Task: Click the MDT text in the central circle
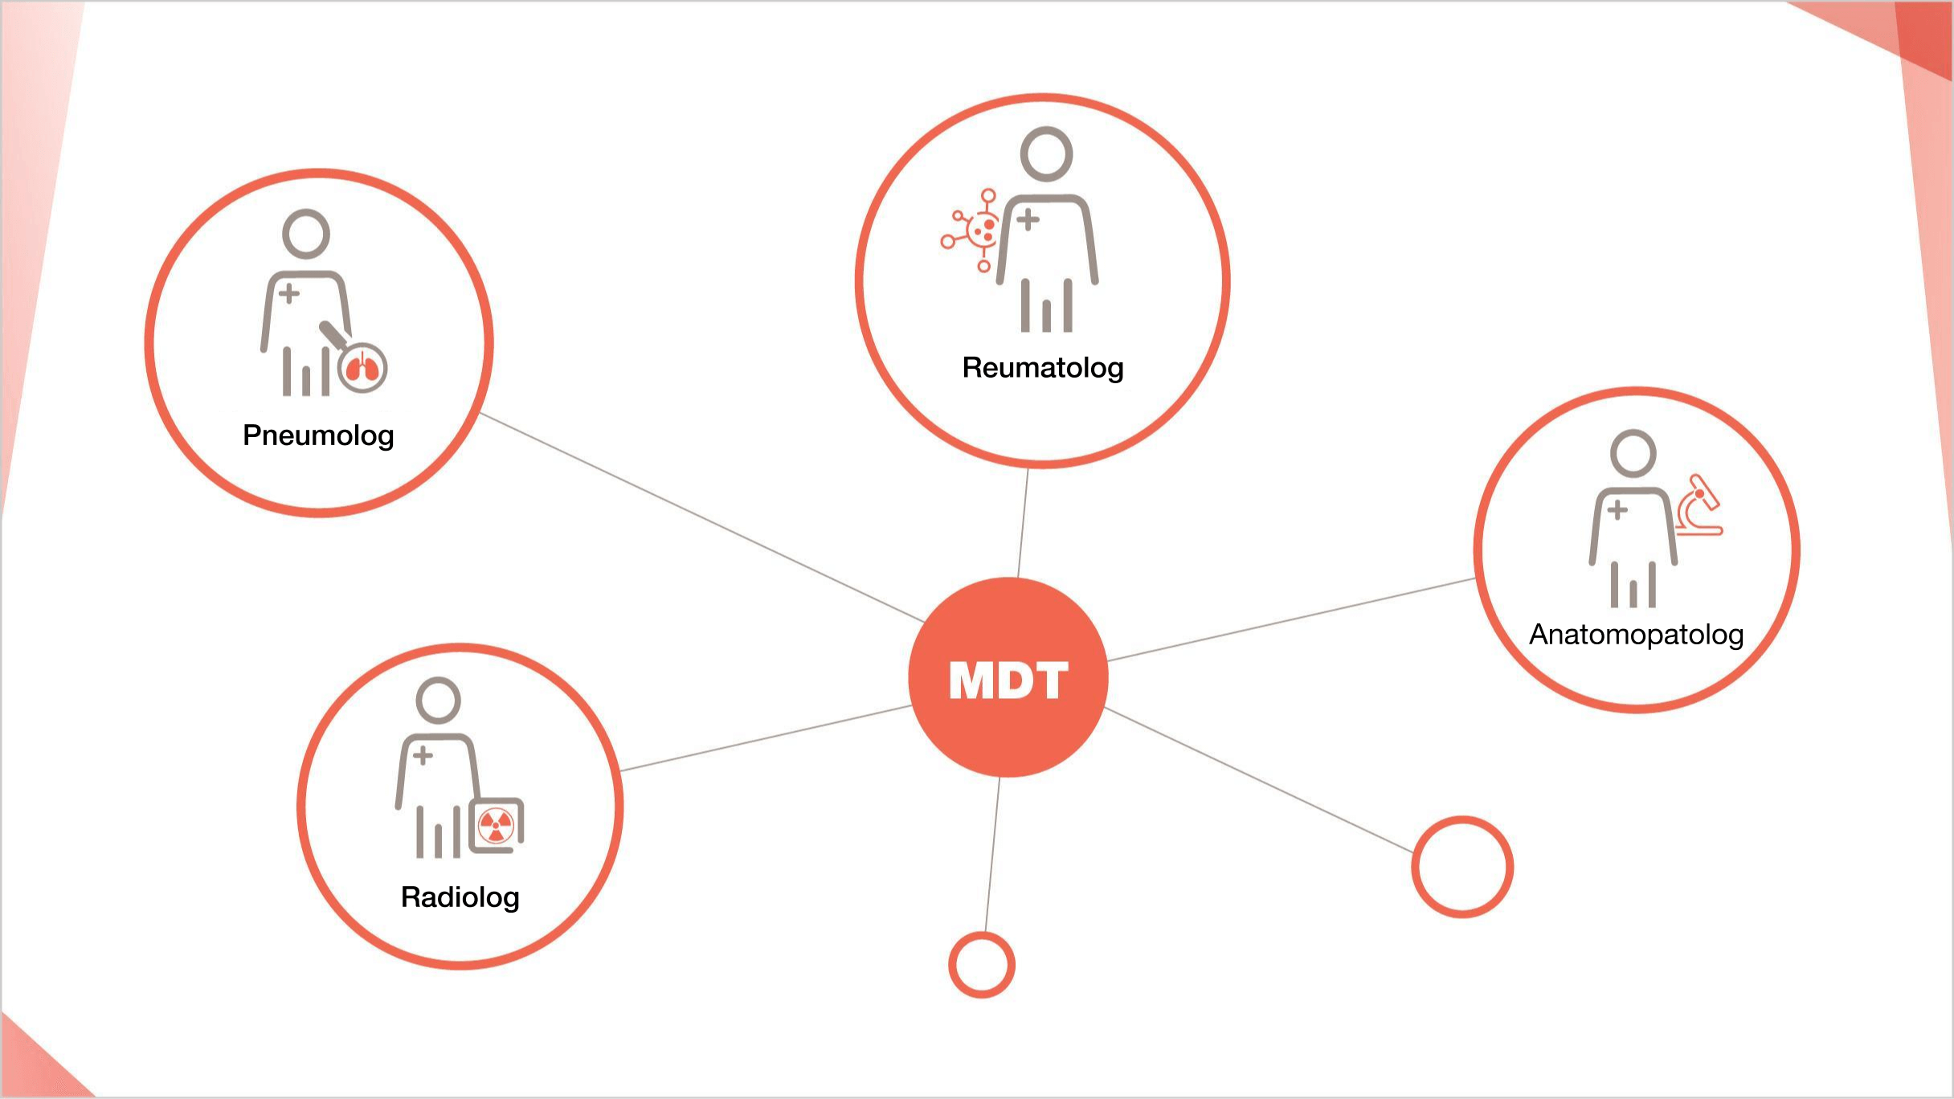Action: point(1008,680)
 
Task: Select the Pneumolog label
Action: point(318,435)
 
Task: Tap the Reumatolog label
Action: point(1043,368)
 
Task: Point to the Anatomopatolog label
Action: point(1636,635)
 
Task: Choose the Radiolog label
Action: point(460,897)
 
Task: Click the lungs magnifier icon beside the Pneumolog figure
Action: point(362,369)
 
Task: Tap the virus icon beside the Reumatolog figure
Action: point(974,231)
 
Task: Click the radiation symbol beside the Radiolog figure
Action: point(496,825)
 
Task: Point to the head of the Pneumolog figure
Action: point(306,234)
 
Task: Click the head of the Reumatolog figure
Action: point(1046,153)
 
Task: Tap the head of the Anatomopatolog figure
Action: point(1633,453)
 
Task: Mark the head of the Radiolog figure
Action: point(438,701)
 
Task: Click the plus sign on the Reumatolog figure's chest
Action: point(1028,219)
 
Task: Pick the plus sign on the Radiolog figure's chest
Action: point(423,755)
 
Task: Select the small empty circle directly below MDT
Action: point(981,964)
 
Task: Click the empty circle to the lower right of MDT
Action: point(1462,867)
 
